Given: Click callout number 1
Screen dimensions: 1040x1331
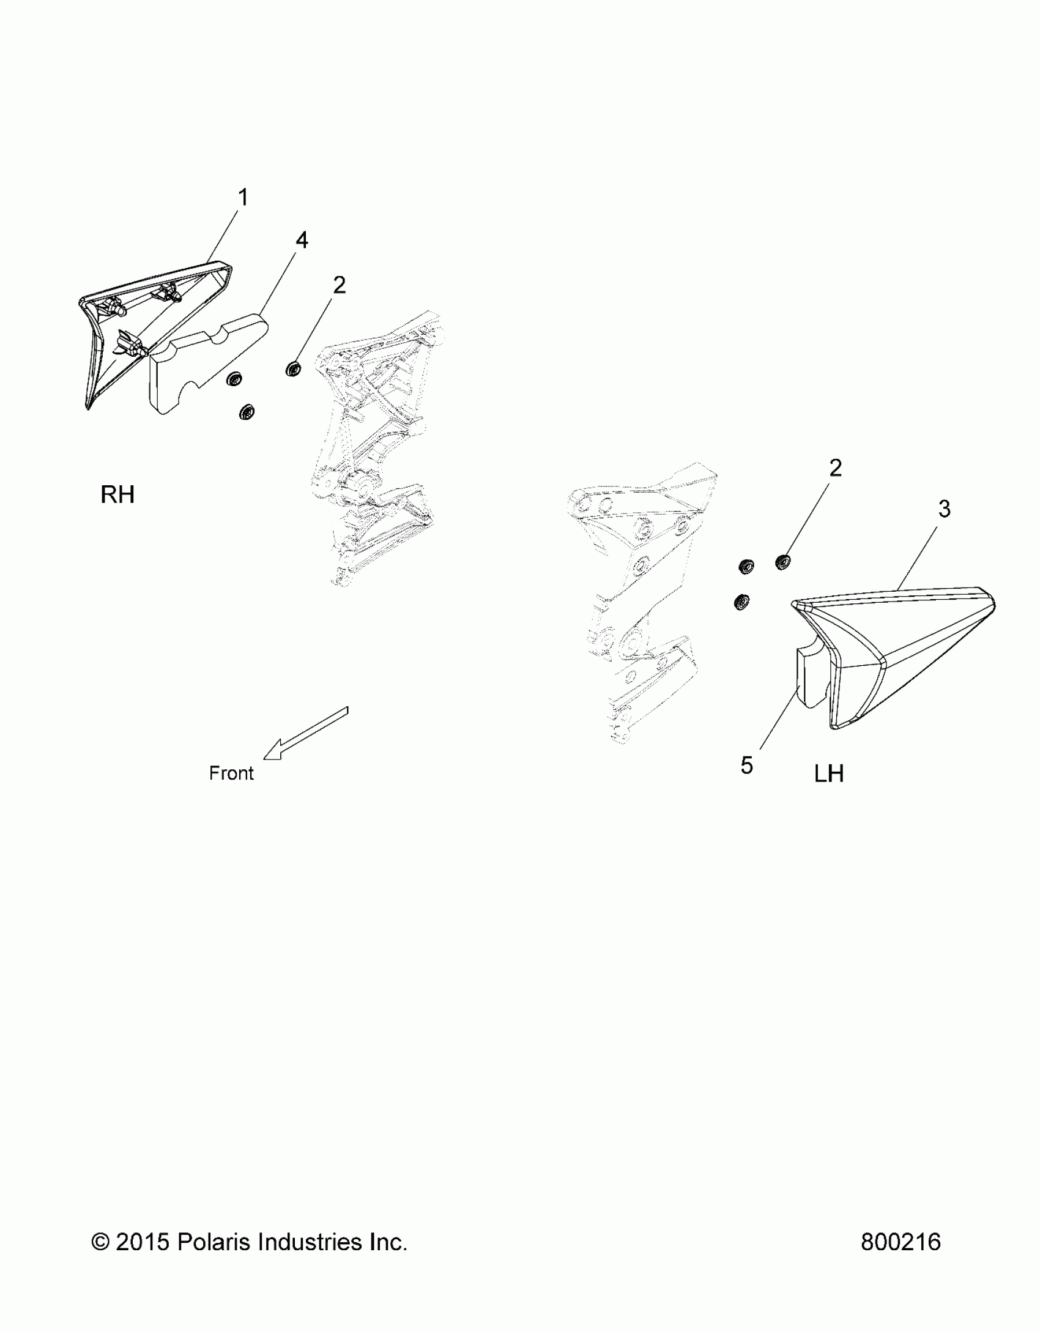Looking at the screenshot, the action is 243,198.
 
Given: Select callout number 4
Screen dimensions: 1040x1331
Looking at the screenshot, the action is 302,240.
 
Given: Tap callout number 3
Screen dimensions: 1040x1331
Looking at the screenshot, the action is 944,509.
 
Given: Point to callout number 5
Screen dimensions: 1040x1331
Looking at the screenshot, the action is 746,765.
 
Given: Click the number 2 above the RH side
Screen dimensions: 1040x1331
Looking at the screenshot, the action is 339,285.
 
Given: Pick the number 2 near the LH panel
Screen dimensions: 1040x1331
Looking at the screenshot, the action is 835,468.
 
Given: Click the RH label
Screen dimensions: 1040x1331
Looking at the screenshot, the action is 117,494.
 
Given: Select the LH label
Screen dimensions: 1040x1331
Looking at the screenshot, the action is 829,774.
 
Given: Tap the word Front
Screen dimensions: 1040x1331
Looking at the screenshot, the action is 231,774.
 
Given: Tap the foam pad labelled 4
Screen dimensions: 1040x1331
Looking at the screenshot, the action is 202,361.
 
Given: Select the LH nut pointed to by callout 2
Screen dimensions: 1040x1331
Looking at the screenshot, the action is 782,561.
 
